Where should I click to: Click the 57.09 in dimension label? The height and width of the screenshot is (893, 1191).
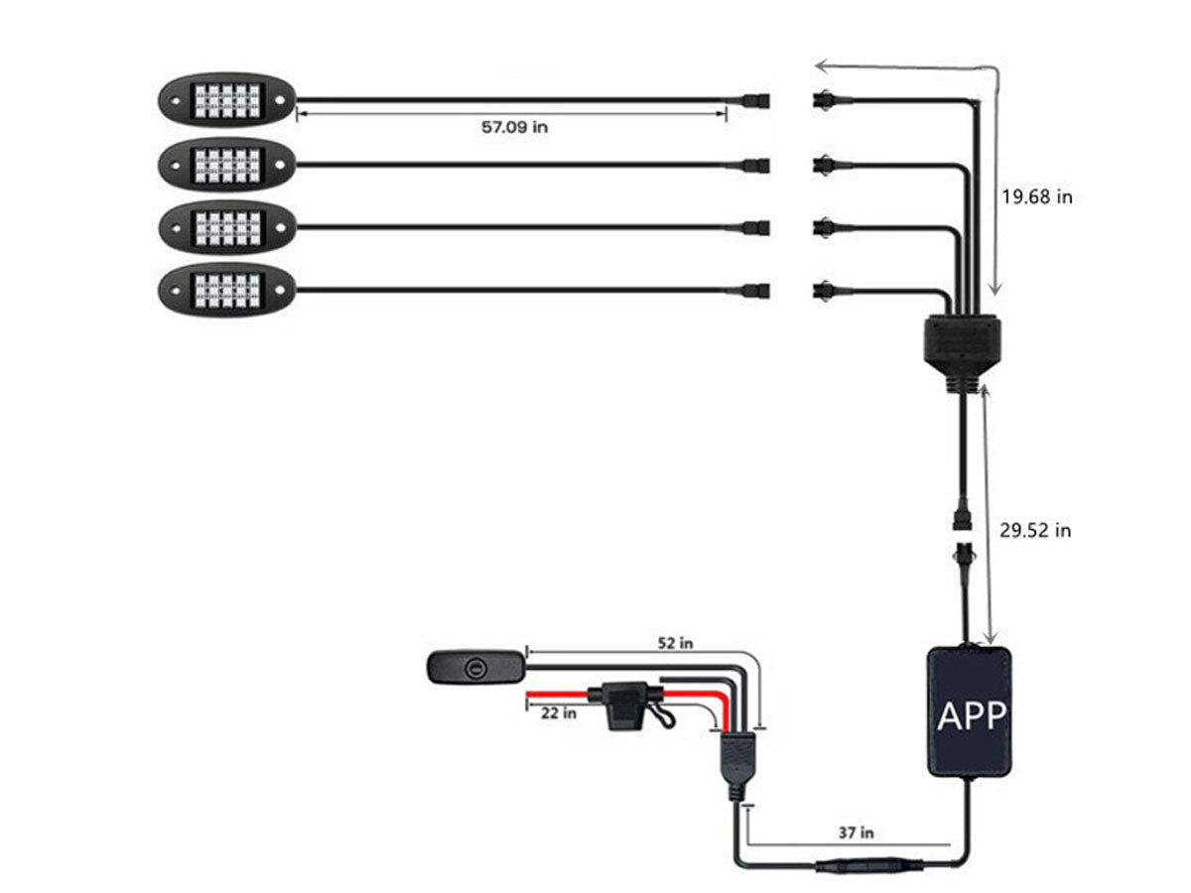click(x=514, y=128)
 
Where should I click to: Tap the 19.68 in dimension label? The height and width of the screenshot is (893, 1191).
click(x=1036, y=196)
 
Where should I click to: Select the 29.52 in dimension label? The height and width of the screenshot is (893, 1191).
click(x=1035, y=531)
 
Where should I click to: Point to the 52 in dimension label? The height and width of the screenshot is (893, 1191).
click(x=674, y=643)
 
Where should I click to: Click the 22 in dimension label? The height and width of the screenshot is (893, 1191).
click(x=559, y=712)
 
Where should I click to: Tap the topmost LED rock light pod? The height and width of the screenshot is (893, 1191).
click(x=226, y=99)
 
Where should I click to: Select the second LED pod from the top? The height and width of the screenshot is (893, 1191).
click(x=226, y=164)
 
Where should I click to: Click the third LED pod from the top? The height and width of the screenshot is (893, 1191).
click(x=226, y=227)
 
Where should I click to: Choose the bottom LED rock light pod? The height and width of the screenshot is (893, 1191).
click(x=226, y=290)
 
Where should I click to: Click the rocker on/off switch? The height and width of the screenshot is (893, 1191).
click(x=475, y=666)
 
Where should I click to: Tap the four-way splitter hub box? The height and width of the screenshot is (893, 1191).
click(x=962, y=342)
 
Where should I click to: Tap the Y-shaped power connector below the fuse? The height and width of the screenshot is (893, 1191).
click(x=735, y=765)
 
